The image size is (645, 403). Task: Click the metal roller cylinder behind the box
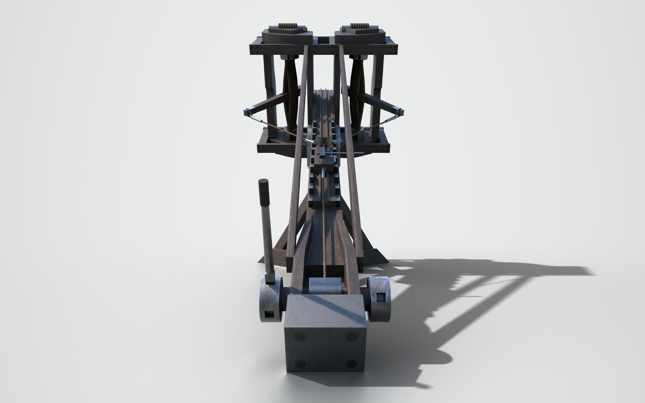(x=324, y=285)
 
